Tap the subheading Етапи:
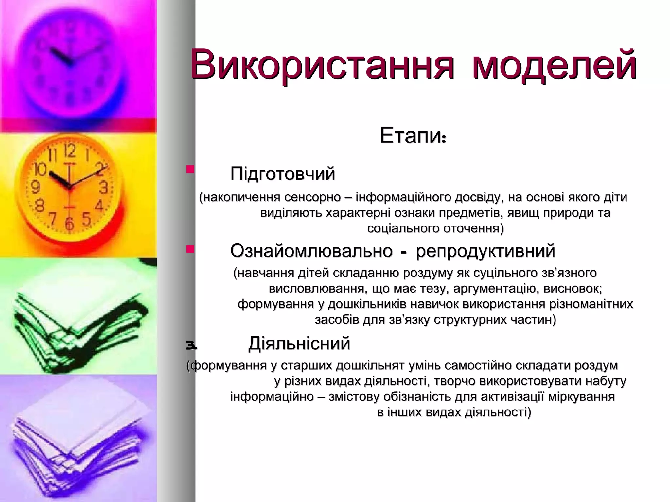click(413, 136)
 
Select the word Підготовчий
click(283, 174)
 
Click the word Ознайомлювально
click(311, 251)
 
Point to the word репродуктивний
click(485, 251)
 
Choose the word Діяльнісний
click(299, 343)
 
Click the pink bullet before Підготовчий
click(190, 170)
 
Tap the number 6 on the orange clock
click(69, 224)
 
